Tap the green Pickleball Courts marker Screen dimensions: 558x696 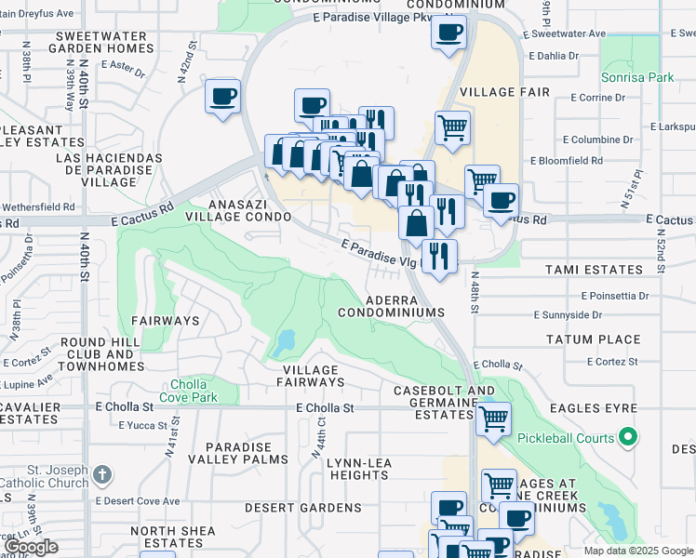[x=629, y=437]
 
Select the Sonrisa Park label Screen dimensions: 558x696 [x=636, y=77]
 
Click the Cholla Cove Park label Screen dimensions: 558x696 [x=194, y=392]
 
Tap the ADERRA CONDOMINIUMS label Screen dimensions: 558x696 [x=404, y=307]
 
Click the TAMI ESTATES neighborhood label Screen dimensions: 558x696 [x=596, y=270]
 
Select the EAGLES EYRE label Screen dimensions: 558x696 [x=593, y=408]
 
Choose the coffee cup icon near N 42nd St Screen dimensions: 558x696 [x=223, y=97]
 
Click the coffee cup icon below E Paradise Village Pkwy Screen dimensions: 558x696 [x=448, y=33]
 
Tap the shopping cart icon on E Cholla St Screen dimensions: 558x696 [x=493, y=418]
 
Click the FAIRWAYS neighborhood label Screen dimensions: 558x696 [x=165, y=320]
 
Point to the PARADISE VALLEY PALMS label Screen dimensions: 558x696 [x=239, y=453]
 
